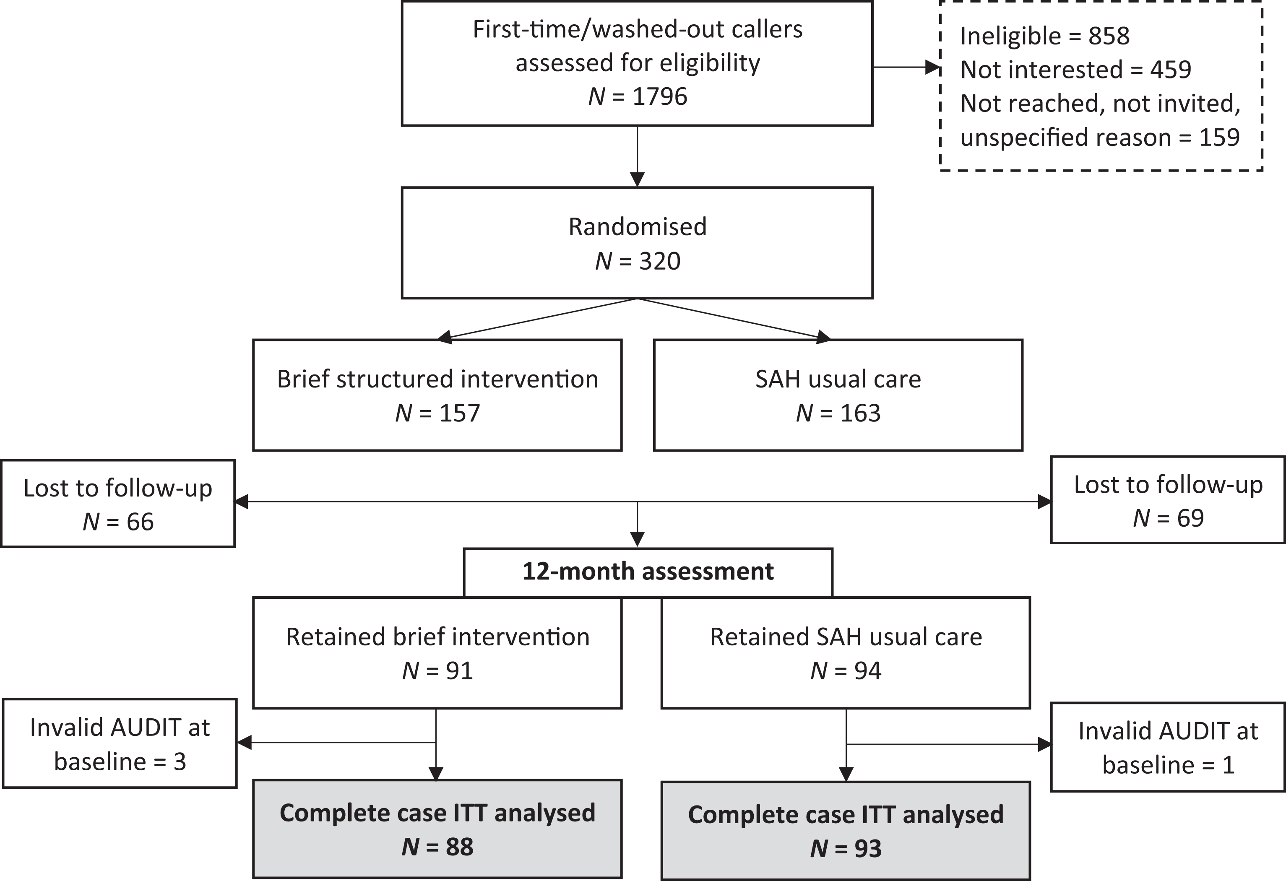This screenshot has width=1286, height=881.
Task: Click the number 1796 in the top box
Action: coord(660,96)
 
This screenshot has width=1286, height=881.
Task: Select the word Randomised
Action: coord(638,227)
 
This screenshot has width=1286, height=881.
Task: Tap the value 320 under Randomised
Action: coord(660,261)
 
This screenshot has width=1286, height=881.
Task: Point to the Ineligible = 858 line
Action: coord(1045,36)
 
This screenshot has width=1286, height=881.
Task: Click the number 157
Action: coord(460,413)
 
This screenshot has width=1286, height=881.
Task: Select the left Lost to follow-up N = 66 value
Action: coord(118,522)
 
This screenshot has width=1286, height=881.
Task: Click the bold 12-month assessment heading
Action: coord(648,571)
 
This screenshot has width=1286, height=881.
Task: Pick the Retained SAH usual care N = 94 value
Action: coord(846,671)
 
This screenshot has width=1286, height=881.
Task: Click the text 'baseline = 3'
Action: coord(120,762)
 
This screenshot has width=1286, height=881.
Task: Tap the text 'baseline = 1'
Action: coord(1169,765)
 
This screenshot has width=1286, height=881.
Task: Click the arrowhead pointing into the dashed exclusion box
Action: coord(934,68)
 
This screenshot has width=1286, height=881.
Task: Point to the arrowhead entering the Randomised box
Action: coord(638,180)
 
